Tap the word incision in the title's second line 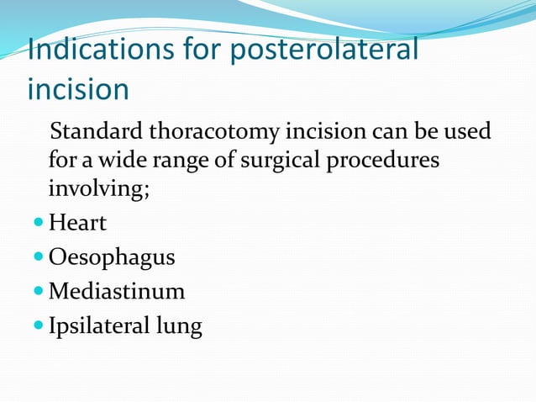tap(78, 88)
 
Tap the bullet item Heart tap(78, 224)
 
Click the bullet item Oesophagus tap(112, 257)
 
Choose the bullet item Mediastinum tap(117, 291)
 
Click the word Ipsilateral tap(98, 325)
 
